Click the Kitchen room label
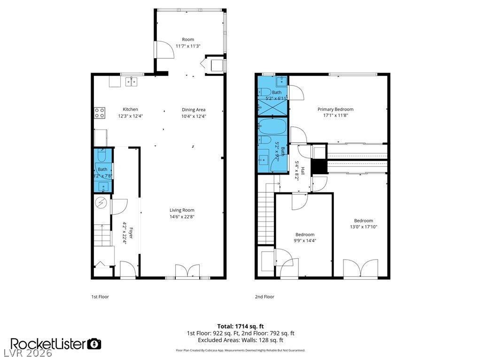click(x=131, y=109)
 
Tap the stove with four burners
click(x=100, y=113)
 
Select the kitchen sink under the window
click(x=132, y=82)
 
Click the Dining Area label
click(x=194, y=110)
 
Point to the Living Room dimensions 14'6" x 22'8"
click(x=182, y=217)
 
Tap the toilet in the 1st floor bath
click(x=102, y=156)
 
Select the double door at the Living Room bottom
click(x=187, y=272)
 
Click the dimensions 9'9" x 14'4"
click(x=305, y=241)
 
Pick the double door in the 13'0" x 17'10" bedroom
click(x=360, y=268)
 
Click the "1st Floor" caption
click(x=100, y=297)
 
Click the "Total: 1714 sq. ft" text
click(x=240, y=326)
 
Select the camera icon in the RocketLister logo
click(x=95, y=344)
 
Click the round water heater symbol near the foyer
click(x=101, y=203)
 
